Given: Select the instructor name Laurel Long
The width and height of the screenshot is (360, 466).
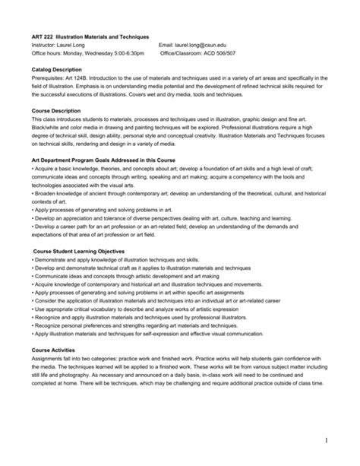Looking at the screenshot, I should pyautogui.click(x=74, y=45).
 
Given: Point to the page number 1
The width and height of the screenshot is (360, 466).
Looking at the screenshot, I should pyautogui.click(x=333, y=441).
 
